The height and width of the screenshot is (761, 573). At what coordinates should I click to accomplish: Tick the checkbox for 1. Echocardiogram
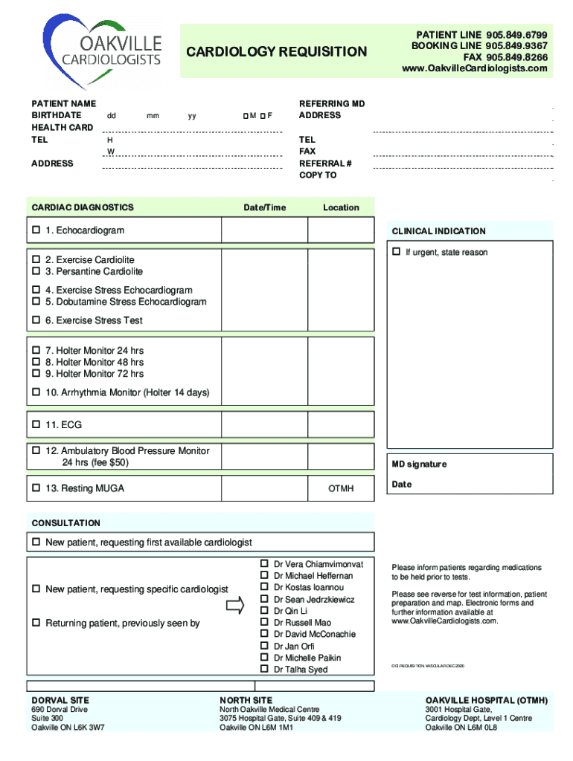pos(35,230)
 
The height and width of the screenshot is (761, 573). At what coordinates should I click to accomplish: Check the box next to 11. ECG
pos(35,425)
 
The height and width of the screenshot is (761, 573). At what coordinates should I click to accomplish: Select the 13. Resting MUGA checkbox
pos(35,488)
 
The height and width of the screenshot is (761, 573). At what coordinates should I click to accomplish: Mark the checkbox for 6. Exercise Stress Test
pos(35,320)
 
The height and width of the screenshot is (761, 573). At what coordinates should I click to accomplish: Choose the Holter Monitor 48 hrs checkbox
pos(35,362)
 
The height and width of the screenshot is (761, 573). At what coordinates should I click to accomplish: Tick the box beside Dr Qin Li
pos(264,611)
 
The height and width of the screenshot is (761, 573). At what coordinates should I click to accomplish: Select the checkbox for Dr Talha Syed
pos(264,670)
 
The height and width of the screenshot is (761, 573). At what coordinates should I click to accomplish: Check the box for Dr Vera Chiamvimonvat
pos(264,564)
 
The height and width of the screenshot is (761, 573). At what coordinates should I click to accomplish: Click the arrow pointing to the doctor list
pos(234,606)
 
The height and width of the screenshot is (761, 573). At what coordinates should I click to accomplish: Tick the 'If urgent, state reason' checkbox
pos(396,252)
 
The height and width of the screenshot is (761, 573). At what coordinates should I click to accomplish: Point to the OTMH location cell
pos(341,488)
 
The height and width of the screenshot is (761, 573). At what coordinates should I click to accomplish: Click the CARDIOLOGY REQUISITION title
pos(276,52)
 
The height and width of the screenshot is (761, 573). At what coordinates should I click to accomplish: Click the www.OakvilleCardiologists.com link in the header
pos(474,68)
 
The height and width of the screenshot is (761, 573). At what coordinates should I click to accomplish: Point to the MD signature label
pos(419,464)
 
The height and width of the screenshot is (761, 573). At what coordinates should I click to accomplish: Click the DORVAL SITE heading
pos(60,701)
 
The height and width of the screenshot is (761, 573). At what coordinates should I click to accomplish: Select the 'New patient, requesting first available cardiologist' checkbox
pos(35,543)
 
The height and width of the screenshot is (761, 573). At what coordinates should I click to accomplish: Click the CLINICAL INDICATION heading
pos(438,231)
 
